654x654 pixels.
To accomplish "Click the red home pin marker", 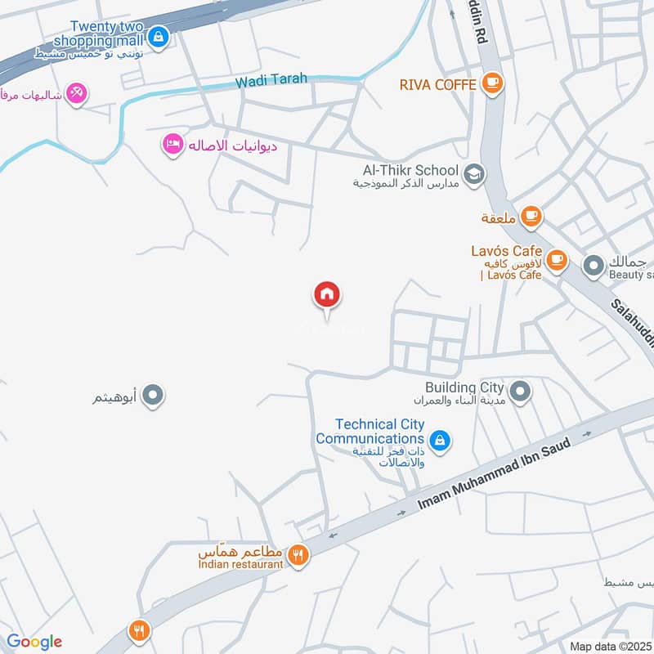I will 327,295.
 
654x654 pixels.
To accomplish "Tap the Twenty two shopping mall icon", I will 160,36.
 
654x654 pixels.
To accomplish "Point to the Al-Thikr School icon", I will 473,173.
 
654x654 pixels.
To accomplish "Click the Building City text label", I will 464,387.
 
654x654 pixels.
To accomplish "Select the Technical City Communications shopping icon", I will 440,441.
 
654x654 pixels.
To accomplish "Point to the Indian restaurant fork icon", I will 298,554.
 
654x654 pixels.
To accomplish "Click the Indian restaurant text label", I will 240,564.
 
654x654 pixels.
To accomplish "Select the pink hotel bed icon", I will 172,145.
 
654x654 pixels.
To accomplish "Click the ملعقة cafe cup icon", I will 532,217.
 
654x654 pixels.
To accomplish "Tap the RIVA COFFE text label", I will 437,84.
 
